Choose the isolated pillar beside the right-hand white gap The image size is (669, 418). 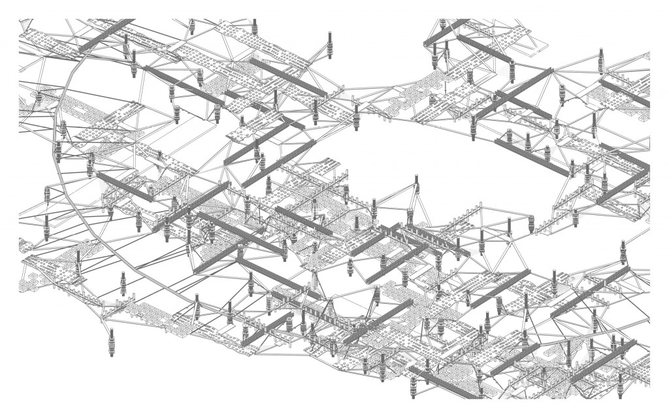pos(622,252)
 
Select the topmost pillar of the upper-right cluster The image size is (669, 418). pos(443,26)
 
